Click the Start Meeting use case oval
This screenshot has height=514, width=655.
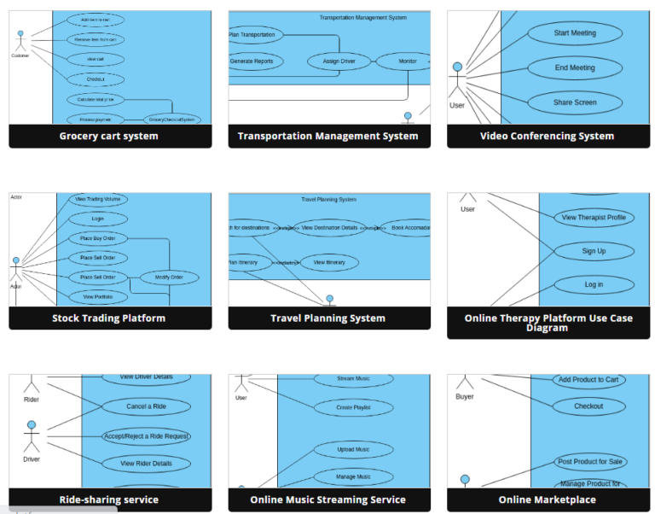574,33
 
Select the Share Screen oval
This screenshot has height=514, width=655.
574,102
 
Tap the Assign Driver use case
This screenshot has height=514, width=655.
339,61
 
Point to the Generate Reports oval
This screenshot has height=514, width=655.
252,61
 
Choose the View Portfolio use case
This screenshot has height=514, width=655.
97,297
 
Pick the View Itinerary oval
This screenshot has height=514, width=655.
323,262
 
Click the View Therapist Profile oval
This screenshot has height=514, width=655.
594,218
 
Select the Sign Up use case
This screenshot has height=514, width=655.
594,251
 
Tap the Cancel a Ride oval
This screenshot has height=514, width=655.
146,406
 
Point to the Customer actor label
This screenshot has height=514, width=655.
20,56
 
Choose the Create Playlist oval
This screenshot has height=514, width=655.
353,408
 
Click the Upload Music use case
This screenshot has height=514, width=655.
353,450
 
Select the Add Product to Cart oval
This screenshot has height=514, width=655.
588,380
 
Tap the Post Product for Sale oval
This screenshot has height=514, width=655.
589,462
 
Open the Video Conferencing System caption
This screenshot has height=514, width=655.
547,136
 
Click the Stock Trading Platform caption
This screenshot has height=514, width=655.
109,318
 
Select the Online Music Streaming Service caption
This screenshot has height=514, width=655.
328,500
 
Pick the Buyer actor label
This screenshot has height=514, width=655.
465,397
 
